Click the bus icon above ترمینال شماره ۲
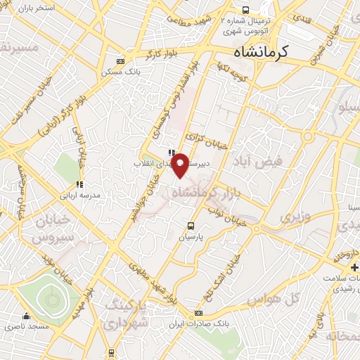(x=245, y=10)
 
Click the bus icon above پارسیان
(x=191, y=225)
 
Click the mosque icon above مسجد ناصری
(x=27, y=316)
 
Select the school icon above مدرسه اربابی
(x=82, y=184)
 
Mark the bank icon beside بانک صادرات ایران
(x=199, y=313)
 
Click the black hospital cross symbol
(x=354, y=268)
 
